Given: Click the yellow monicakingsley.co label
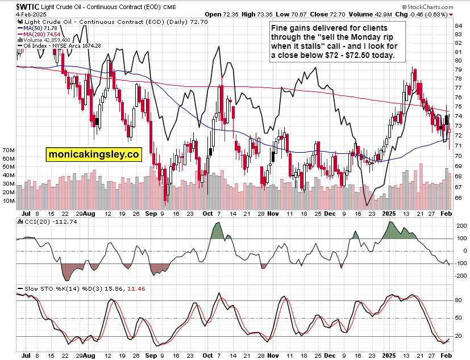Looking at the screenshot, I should pyautogui.click(x=93, y=153).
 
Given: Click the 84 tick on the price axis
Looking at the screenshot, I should pyautogui.click(x=457, y=26).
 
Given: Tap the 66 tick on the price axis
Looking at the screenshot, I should pyautogui.click(x=457, y=198).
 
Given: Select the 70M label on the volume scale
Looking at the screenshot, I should pyautogui.click(x=8, y=150).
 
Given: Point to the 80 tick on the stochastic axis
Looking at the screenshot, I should pyautogui.click(x=458, y=300).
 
